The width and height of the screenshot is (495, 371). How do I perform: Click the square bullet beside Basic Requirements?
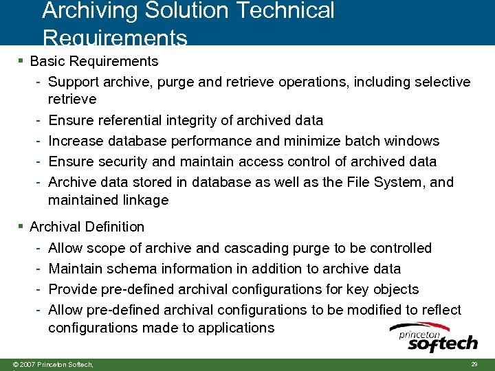[x=22, y=61]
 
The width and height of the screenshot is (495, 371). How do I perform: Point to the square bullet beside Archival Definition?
[x=22, y=226]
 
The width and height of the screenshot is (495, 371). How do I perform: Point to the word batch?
[x=364, y=141]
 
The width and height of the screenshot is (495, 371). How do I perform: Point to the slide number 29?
[x=474, y=363]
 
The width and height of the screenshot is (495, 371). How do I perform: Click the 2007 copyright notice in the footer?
[x=48, y=363]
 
